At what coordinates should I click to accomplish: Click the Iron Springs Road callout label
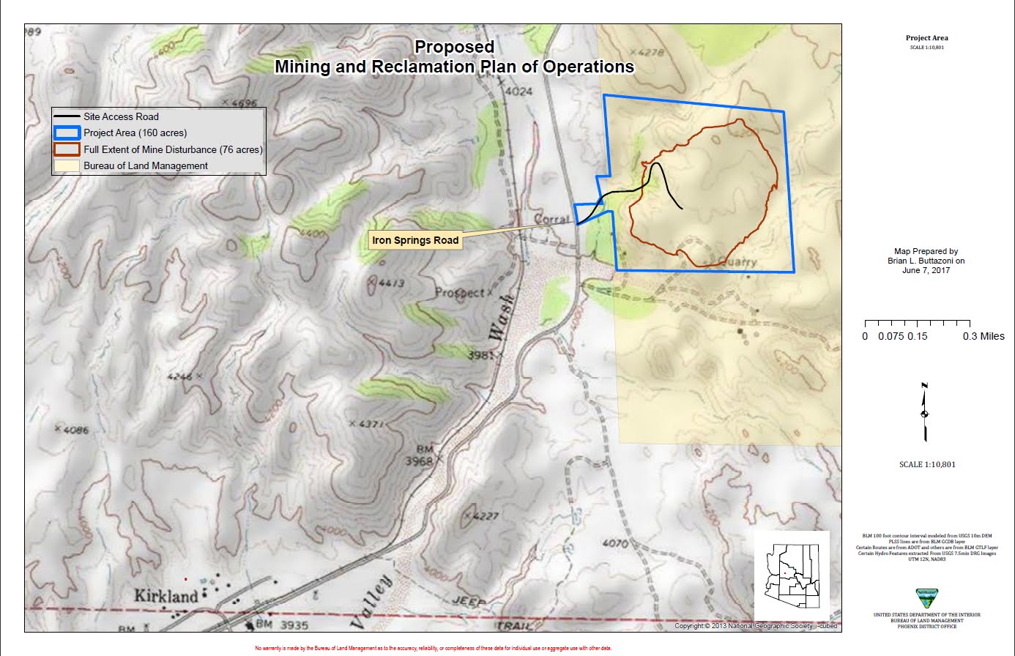[416, 240]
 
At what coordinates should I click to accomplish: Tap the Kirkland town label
[166, 596]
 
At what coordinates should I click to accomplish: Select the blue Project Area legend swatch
[67, 133]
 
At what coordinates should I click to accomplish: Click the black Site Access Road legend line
[67, 116]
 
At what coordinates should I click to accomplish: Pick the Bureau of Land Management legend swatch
[67, 166]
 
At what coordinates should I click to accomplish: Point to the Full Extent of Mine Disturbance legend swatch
[67, 149]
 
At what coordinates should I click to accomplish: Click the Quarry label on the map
[735, 261]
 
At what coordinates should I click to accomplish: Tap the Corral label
[552, 219]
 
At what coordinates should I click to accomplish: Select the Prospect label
[460, 293]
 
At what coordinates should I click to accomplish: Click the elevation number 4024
[518, 92]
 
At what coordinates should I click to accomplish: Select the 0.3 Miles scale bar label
[983, 336]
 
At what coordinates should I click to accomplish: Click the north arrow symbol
[925, 413]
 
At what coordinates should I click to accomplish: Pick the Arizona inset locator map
[792, 575]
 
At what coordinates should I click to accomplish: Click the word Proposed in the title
[454, 47]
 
